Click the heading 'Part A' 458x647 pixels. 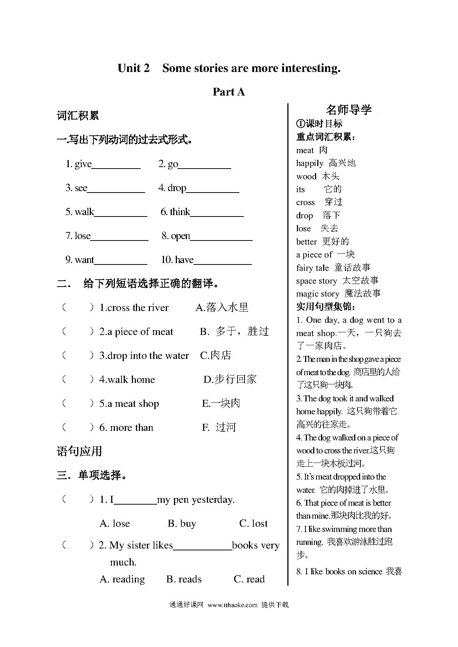tap(229, 92)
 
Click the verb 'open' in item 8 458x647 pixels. tap(180, 236)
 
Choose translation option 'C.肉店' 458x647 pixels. tap(215, 355)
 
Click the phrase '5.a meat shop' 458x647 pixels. tap(129, 404)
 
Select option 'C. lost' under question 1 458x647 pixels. tap(253, 523)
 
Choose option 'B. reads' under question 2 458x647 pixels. tap(184, 579)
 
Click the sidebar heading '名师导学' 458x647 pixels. tap(348, 110)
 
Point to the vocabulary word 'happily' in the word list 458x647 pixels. tap(310, 163)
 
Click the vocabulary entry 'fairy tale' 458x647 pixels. tap(312, 268)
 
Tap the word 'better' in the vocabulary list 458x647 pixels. tap(306, 242)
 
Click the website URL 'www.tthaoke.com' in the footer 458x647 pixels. tap(232, 605)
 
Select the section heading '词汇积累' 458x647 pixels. tap(78, 115)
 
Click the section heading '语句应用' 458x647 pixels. tap(79, 451)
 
